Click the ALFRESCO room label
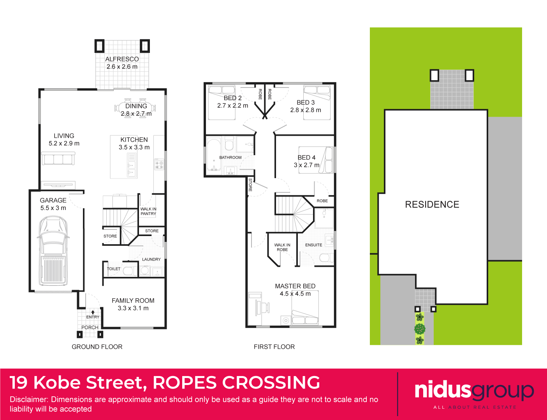122,59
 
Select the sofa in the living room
58,159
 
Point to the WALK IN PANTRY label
148,211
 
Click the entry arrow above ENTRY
93,312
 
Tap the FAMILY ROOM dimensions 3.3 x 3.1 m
133,308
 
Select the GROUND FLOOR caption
97,347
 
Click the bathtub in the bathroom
213,155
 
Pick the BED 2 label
232,98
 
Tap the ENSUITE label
313,245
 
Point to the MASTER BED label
295,286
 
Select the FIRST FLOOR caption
274,347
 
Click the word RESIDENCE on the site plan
432,205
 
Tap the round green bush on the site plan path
420,329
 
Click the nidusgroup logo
474,391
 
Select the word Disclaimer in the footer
28,399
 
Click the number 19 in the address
18,383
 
